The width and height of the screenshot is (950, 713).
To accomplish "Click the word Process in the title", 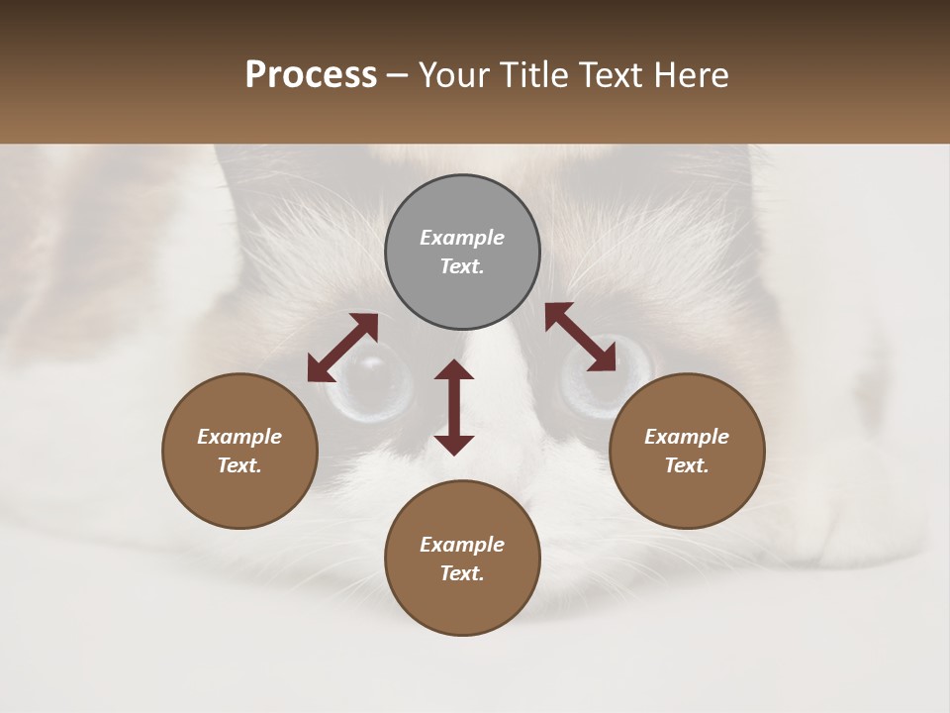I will click(311, 75).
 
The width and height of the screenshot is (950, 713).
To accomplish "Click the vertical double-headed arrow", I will click(454, 407).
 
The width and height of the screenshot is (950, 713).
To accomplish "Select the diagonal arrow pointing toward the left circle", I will click(342, 348).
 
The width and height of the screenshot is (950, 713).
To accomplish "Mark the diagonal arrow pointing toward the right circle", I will click(580, 337).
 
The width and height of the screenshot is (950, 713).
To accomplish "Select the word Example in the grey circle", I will click(462, 238).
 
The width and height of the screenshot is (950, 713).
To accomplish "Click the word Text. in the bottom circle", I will click(462, 573).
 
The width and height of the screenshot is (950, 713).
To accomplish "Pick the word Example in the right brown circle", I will click(687, 437).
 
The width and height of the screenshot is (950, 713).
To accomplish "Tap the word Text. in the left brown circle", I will click(239, 465).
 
